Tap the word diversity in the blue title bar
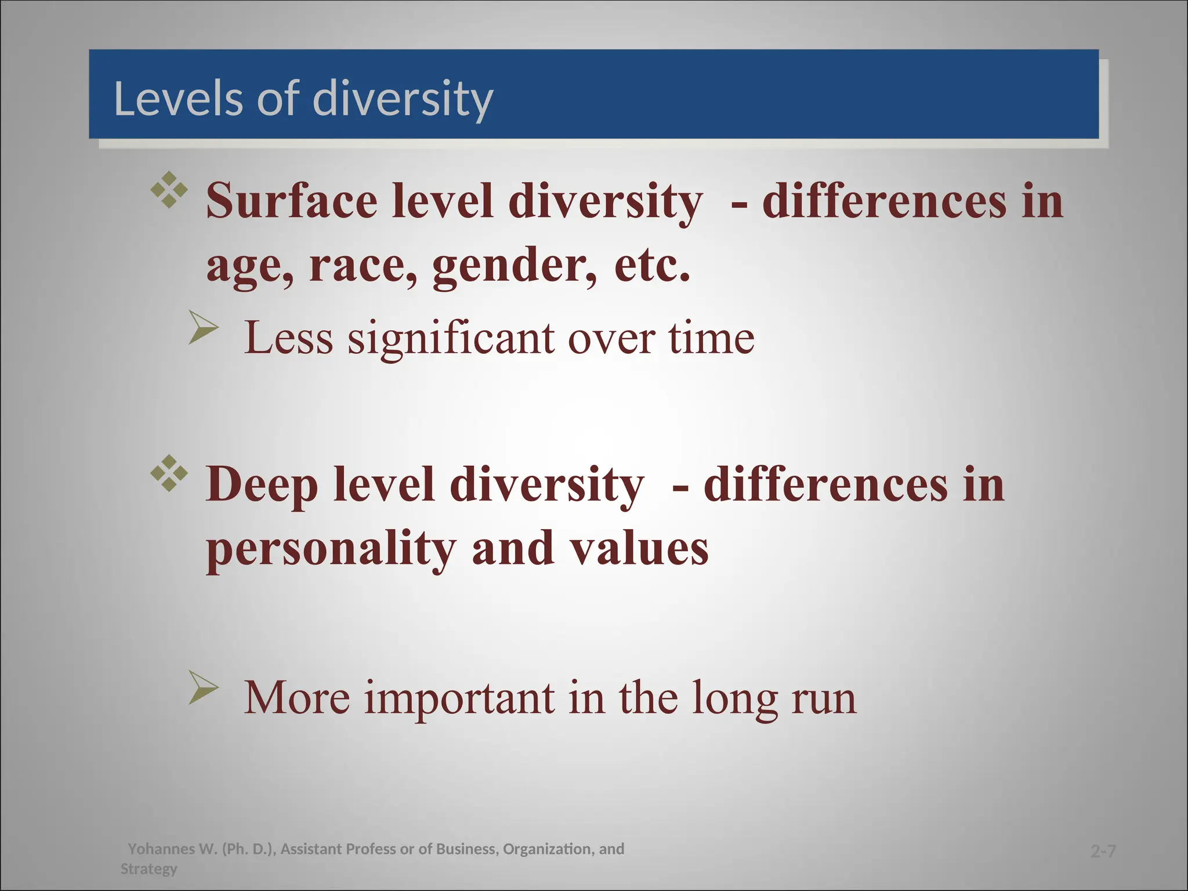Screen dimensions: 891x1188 [403, 99]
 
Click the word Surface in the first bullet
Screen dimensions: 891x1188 [292, 201]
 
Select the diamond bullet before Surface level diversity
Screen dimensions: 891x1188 [169, 190]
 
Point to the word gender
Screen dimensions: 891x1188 [514, 266]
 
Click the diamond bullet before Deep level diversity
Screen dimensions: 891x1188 [169, 473]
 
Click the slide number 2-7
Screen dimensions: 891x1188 [1103, 852]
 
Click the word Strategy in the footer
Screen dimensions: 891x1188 [149, 869]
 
